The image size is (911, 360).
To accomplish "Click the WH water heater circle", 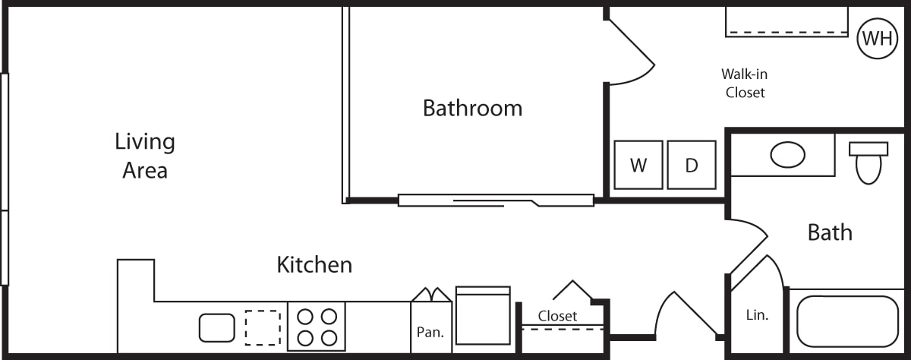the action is pyautogui.click(x=878, y=39).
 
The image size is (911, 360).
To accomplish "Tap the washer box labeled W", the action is pyautogui.click(x=638, y=165).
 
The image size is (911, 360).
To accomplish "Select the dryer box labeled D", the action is pyautogui.click(x=692, y=165).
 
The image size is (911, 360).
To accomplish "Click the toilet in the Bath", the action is pyautogui.click(x=868, y=163).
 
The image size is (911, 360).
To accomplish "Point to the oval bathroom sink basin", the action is pyautogui.click(x=788, y=155).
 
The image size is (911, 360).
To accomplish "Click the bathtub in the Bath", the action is pyautogui.click(x=847, y=321).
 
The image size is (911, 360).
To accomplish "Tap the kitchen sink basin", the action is pyautogui.click(x=217, y=328).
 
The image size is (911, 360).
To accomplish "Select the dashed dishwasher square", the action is pyautogui.click(x=263, y=328).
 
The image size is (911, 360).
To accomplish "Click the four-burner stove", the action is pyautogui.click(x=317, y=327).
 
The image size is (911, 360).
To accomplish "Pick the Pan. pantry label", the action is pyautogui.click(x=430, y=333).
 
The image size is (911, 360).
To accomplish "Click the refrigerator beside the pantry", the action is pyautogui.click(x=483, y=316).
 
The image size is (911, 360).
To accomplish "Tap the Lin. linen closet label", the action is pyautogui.click(x=758, y=315).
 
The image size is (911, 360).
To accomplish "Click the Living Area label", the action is pyautogui.click(x=145, y=156).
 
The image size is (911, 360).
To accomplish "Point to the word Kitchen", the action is pyautogui.click(x=314, y=265).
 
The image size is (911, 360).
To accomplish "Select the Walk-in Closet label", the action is pyautogui.click(x=745, y=84).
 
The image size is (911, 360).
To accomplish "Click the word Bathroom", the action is pyautogui.click(x=472, y=108).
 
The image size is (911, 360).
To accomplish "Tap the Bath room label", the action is pyautogui.click(x=830, y=232).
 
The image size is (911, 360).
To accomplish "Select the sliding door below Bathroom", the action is pyautogui.click(x=496, y=201).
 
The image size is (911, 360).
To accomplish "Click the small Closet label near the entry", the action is pyautogui.click(x=557, y=316).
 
